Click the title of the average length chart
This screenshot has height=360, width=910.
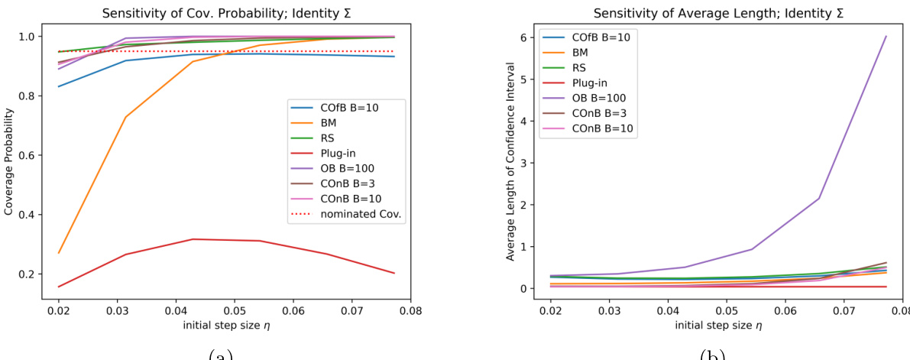[707, 8]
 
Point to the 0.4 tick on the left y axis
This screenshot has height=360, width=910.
[33, 215]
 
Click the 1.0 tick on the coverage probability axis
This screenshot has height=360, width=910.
[33, 37]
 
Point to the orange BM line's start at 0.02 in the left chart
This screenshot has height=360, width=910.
[59, 252]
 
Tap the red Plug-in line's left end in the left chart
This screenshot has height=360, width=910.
[59, 287]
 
